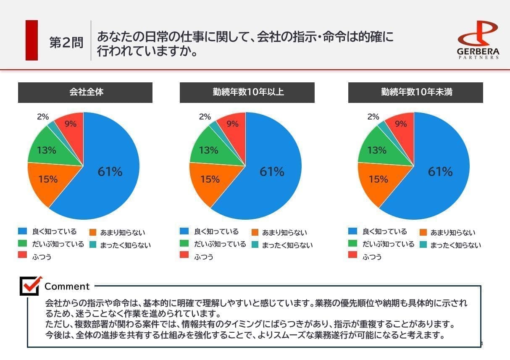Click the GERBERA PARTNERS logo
click(x=478, y=40)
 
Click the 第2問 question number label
click(x=66, y=43)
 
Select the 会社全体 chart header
click(x=85, y=92)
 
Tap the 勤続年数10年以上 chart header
click(x=247, y=92)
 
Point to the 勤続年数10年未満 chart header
click(x=415, y=92)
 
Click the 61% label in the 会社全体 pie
click(x=110, y=171)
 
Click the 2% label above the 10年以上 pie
click(x=205, y=117)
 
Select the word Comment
click(x=67, y=286)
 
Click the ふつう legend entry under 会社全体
click(x=42, y=256)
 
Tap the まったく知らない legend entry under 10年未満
click(x=455, y=245)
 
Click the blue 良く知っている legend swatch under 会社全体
click(x=22, y=231)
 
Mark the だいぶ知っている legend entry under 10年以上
click(x=220, y=244)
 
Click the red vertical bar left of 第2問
click(x=32, y=40)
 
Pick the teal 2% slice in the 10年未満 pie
click(x=383, y=124)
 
